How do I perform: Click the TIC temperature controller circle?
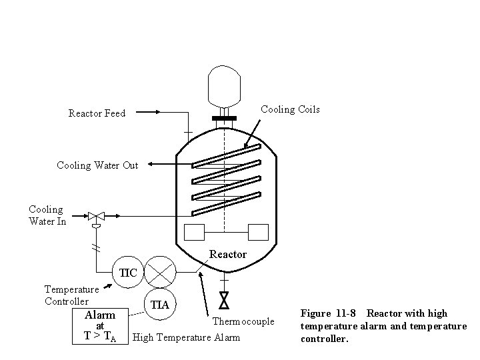(x=127, y=272)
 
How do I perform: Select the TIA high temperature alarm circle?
(x=159, y=305)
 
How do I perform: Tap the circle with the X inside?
(x=160, y=272)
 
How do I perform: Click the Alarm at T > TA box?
(x=100, y=325)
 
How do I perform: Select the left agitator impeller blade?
(x=193, y=233)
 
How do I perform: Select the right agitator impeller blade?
(x=257, y=233)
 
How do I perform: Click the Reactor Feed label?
(x=97, y=113)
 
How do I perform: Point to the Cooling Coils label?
(x=290, y=109)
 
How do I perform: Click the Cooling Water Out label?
(x=97, y=165)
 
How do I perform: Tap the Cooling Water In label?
(x=47, y=215)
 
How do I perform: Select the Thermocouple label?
(x=243, y=321)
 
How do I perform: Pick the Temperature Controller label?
(x=71, y=295)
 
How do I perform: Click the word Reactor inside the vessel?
(x=228, y=254)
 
